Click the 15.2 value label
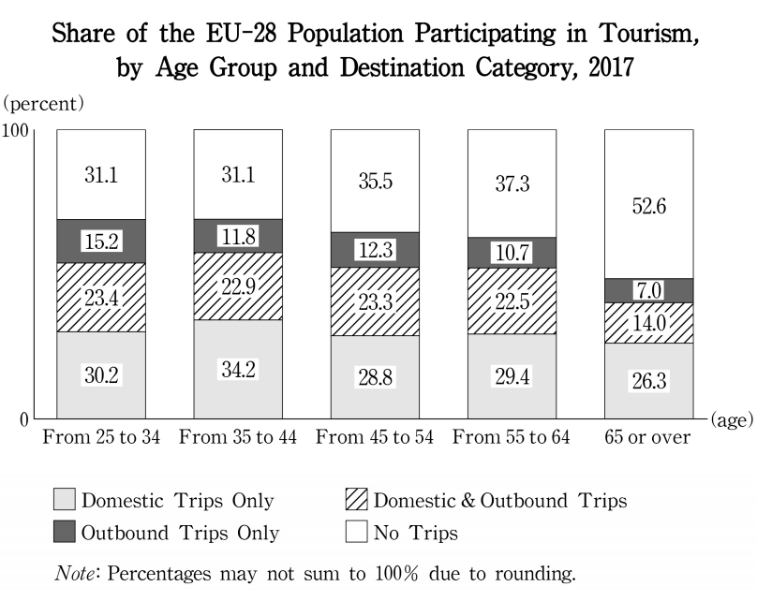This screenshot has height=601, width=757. pos(101,242)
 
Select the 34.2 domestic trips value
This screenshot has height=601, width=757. pos(238,369)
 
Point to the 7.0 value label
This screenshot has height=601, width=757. pos(648,291)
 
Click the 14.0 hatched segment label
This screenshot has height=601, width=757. pos(648,323)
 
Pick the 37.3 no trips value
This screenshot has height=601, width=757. pos(512,184)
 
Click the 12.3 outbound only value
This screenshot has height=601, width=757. pos(375,250)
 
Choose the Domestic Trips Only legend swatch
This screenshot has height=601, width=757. pos(64,501)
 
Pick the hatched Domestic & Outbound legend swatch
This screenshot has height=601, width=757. pos(357,501)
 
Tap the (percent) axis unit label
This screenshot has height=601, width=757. pos(44,100)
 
